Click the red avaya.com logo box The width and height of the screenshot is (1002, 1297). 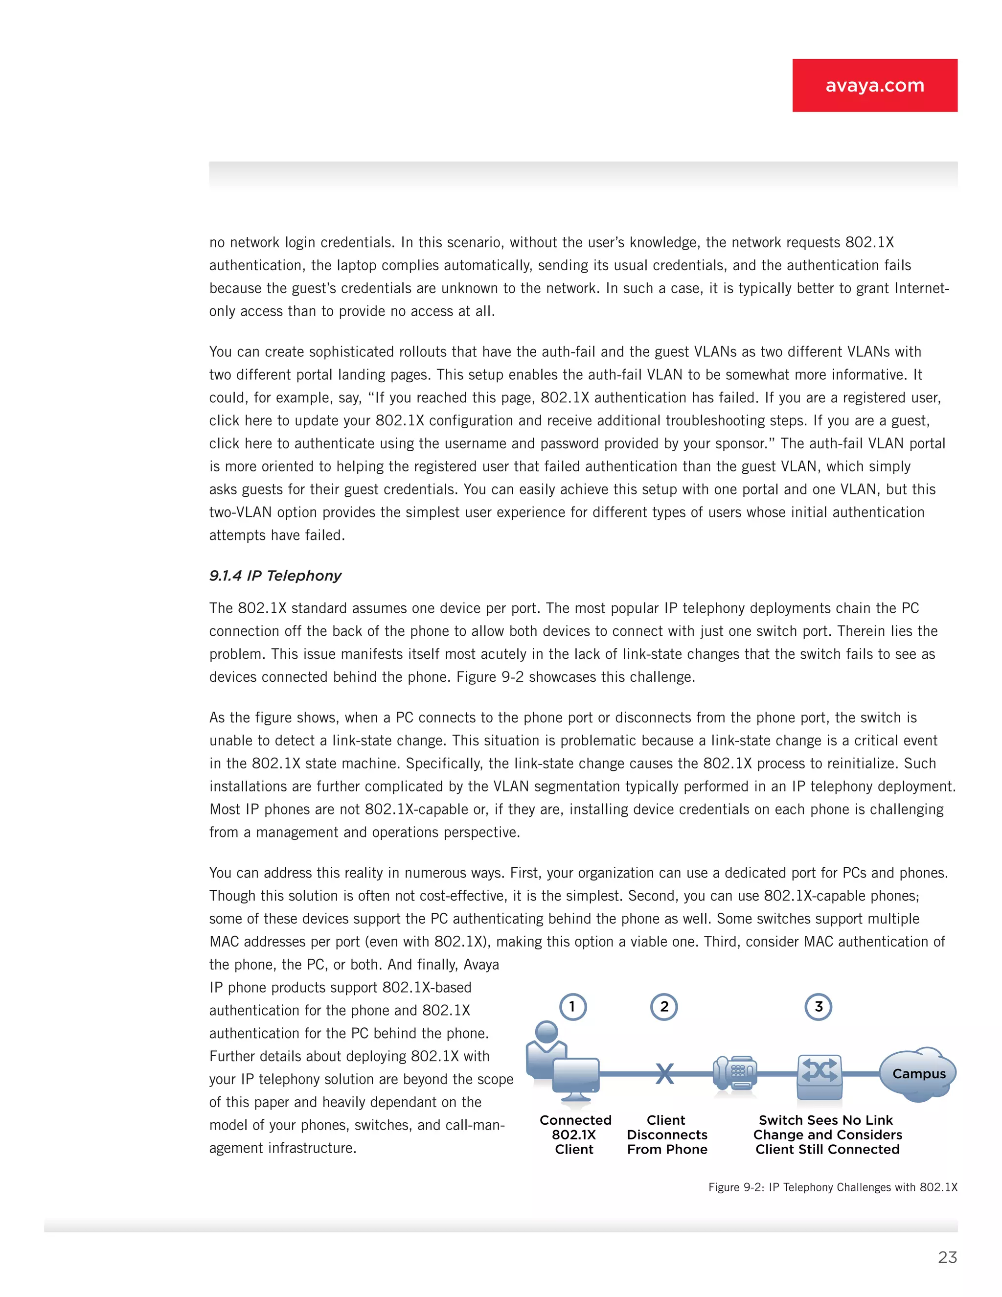pos(874,86)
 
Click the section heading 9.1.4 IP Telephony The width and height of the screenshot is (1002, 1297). pos(275,576)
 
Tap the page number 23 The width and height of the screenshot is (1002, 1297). pos(947,1257)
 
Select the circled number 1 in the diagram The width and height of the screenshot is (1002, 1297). pos(573,1007)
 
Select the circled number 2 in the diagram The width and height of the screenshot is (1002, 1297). pos(664,1007)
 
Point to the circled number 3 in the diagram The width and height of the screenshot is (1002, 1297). pos(818,1007)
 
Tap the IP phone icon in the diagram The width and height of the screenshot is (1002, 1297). pos(735,1074)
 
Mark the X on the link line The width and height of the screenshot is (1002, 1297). pos(665,1073)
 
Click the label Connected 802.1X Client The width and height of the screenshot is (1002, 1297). pos(574,1135)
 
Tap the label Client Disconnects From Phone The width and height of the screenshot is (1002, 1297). pos(667,1135)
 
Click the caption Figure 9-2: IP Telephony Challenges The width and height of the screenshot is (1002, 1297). pos(832,1187)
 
